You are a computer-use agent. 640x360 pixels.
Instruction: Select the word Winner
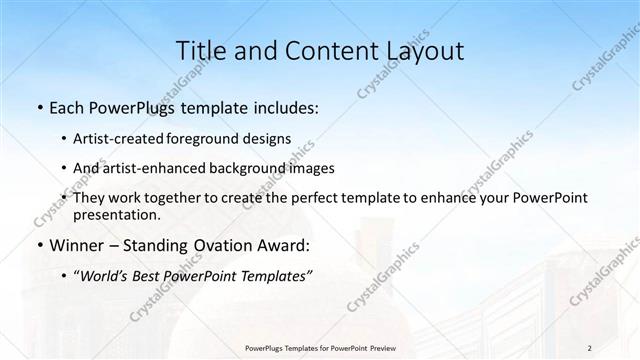point(77,245)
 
